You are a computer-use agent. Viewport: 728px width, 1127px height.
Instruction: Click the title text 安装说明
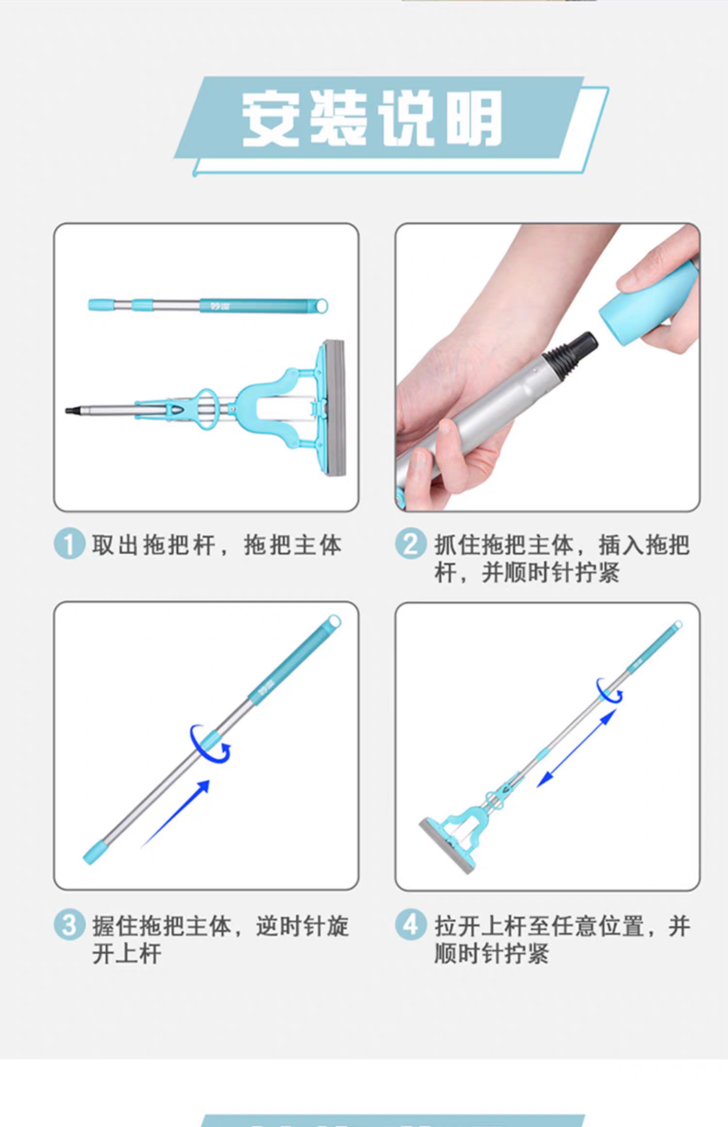[x=372, y=118]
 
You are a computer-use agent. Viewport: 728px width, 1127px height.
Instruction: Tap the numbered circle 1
[x=69, y=543]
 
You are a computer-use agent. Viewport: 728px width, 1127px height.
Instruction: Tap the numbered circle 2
[x=411, y=543]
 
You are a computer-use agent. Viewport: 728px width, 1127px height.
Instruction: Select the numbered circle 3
[x=69, y=926]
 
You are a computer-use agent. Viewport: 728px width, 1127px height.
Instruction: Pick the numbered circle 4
[x=411, y=926]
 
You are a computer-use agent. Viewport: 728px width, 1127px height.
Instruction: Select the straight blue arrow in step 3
[x=175, y=813]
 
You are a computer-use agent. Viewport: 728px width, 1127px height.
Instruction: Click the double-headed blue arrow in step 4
[x=577, y=749]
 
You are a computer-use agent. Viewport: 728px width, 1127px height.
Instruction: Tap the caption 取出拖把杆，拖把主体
[x=217, y=545]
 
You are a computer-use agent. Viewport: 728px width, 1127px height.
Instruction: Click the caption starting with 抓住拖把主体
[x=562, y=558]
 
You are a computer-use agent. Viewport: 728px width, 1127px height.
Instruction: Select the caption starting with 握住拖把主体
[x=220, y=940]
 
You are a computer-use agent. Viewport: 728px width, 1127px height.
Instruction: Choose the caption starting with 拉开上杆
[x=562, y=940]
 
